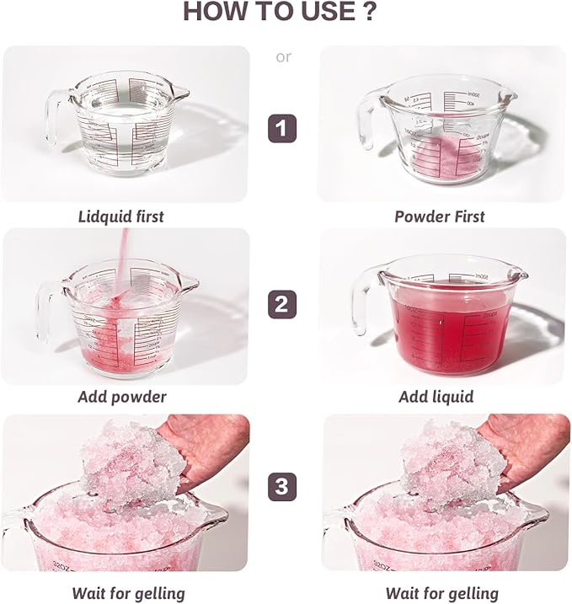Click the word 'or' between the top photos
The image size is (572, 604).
pos(284,57)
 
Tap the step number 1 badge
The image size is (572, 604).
pos(282,128)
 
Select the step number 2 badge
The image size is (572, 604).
pos(282,304)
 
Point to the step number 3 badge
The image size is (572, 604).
pos(282,487)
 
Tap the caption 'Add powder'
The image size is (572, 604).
pos(122,397)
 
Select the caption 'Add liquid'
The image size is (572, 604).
pos(436,397)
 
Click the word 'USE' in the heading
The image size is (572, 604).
pos(328,11)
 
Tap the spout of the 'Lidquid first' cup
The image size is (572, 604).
pos(179,93)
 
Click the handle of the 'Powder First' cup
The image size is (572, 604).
pos(365,120)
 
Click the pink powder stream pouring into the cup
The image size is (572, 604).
pos(123,262)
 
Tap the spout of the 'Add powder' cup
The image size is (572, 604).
pos(189,282)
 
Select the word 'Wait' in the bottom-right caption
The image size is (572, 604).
pos(402,593)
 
